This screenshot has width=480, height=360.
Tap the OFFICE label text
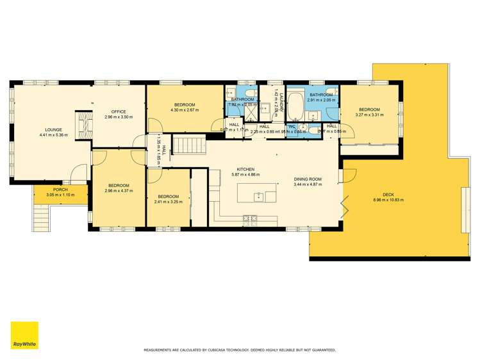[x=118, y=112]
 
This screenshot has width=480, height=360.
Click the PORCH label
[x=60, y=190]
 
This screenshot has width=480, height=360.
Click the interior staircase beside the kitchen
[x=190, y=145]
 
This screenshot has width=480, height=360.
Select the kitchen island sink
[x=259, y=196]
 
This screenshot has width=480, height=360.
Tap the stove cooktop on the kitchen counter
[x=249, y=220]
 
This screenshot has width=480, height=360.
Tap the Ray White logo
[x=24, y=335]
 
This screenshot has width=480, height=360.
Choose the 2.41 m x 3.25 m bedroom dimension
[x=168, y=202]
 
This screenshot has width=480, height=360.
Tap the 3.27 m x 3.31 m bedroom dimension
[x=369, y=115]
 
